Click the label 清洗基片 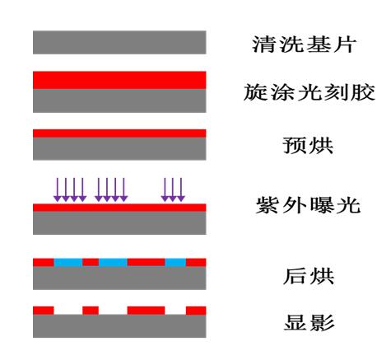click(304, 44)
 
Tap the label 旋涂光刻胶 click(310, 92)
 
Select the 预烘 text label click(308, 145)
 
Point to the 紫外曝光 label click(308, 205)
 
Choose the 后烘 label click(309, 276)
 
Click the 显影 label click(309, 322)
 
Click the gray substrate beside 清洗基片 click(119, 42)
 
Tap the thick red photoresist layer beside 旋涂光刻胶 click(119, 80)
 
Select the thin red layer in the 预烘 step click(119, 133)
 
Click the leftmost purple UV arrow click(58, 189)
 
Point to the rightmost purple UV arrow click(181, 189)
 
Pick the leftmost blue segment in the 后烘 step click(68, 262)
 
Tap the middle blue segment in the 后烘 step click(113, 262)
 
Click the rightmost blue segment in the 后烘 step click(175, 262)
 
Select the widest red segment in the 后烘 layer click(147, 262)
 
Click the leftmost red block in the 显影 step click(44, 311)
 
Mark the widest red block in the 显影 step click(147, 311)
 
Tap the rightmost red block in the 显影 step click(196, 311)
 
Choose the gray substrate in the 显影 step click(119, 326)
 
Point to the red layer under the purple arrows click(119, 208)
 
